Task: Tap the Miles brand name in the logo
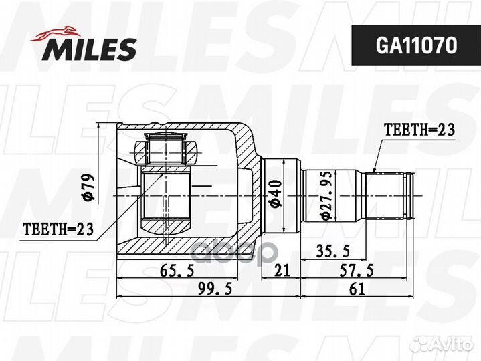tap(91, 49)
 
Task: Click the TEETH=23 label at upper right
tap(418, 130)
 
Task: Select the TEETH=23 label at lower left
tap(58, 229)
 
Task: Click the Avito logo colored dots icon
tap(420, 344)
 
